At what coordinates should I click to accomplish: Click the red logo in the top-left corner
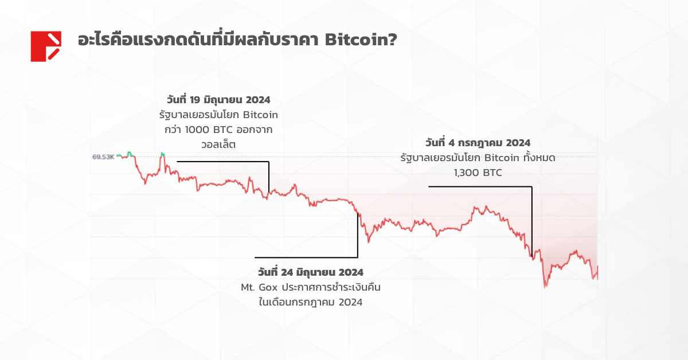(46, 46)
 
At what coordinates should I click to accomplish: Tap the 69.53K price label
(103, 156)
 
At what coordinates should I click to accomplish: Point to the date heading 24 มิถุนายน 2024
(310, 271)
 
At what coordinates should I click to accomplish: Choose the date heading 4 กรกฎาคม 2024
(478, 142)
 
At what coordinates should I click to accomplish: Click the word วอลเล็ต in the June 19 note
(218, 144)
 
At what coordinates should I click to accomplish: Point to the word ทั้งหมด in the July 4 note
(534, 156)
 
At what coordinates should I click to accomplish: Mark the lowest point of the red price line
(545, 286)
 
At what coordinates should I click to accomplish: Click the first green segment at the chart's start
(130, 154)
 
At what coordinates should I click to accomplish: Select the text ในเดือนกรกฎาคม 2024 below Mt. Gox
(310, 302)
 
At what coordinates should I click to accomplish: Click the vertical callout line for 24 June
(358, 235)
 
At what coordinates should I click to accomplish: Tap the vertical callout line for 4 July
(531, 221)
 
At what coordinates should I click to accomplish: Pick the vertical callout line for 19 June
(268, 178)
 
